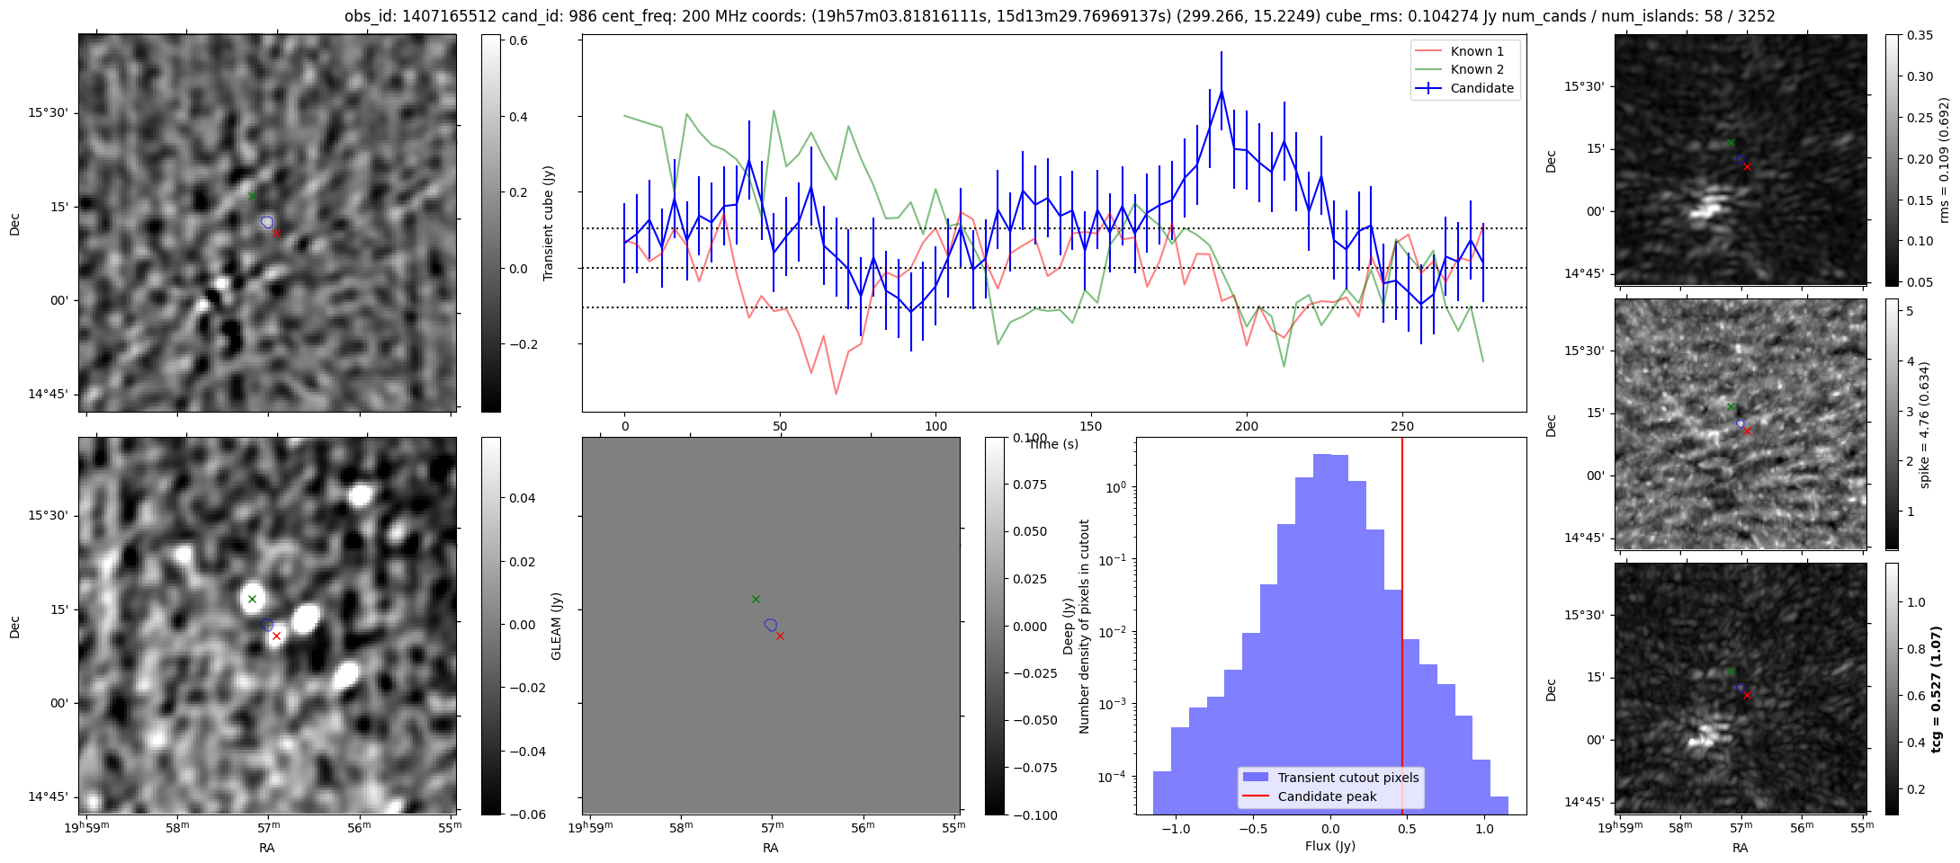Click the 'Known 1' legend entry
click(1476, 51)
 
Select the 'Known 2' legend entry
click(1476, 69)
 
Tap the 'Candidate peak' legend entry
click(1327, 796)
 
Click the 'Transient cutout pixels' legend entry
click(1347, 778)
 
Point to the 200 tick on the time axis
click(1247, 425)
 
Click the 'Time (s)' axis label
click(1053, 444)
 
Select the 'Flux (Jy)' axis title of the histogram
click(1329, 846)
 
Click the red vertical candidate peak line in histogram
click(1401, 629)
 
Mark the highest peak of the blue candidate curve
click(1222, 91)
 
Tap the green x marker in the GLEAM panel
click(756, 599)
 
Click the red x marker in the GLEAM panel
click(780, 636)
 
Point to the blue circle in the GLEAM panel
click(770, 625)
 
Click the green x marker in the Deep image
click(252, 599)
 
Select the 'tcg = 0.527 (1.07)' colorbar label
click(1937, 689)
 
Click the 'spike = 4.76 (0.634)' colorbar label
click(1924, 424)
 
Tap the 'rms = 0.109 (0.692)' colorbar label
click(1943, 160)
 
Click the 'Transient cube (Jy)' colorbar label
click(548, 223)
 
